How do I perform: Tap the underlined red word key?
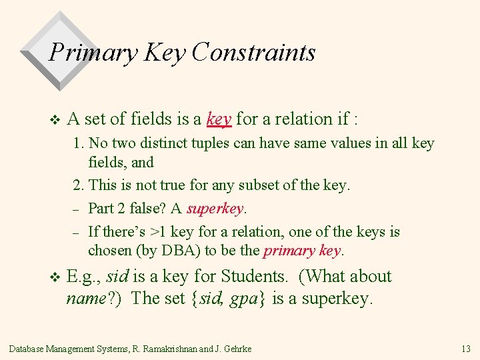point(219,119)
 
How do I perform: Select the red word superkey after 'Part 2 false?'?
point(215,209)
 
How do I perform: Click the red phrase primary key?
point(302,251)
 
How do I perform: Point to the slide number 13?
point(465,349)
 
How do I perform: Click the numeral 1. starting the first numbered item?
point(79,143)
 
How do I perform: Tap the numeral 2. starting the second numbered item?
point(79,185)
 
